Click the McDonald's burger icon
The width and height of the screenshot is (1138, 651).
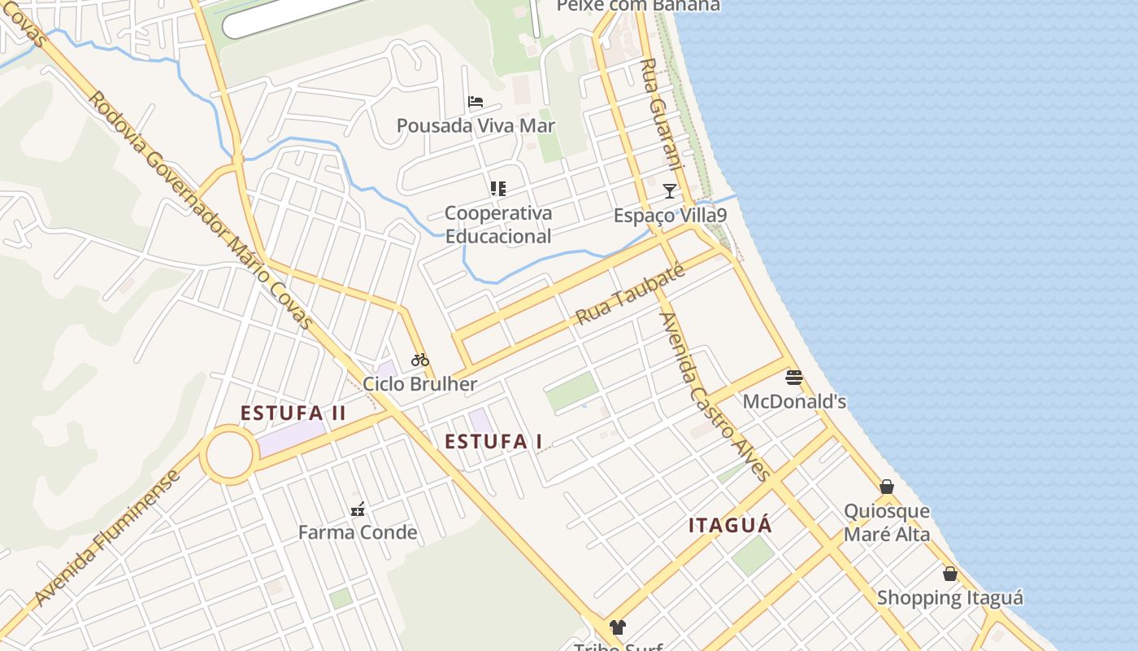[794, 377]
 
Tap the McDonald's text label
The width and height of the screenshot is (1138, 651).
[794, 401]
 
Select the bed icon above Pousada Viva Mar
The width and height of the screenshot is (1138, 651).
[476, 102]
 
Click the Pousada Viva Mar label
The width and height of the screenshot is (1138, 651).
[476, 125]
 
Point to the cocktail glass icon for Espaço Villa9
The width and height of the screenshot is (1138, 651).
[669, 191]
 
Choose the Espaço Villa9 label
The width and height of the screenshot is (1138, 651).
[670, 216]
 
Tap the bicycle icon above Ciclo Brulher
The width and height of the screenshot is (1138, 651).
[419, 360]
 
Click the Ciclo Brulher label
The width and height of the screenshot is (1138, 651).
[419, 384]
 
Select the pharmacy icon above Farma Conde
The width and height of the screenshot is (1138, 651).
[358, 509]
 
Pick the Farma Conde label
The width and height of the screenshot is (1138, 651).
[358, 533]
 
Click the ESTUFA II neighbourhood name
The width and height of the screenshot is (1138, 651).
[293, 413]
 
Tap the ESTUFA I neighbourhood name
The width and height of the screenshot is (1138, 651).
[493, 442]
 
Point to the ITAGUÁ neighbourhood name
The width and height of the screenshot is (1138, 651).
[730, 526]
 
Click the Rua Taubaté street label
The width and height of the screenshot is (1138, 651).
[629, 295]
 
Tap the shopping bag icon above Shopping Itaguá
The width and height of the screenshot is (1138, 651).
[949, 574]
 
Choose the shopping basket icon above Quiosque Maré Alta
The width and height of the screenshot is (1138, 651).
[887, 487]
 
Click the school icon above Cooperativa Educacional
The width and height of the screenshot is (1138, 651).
[498, 189]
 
